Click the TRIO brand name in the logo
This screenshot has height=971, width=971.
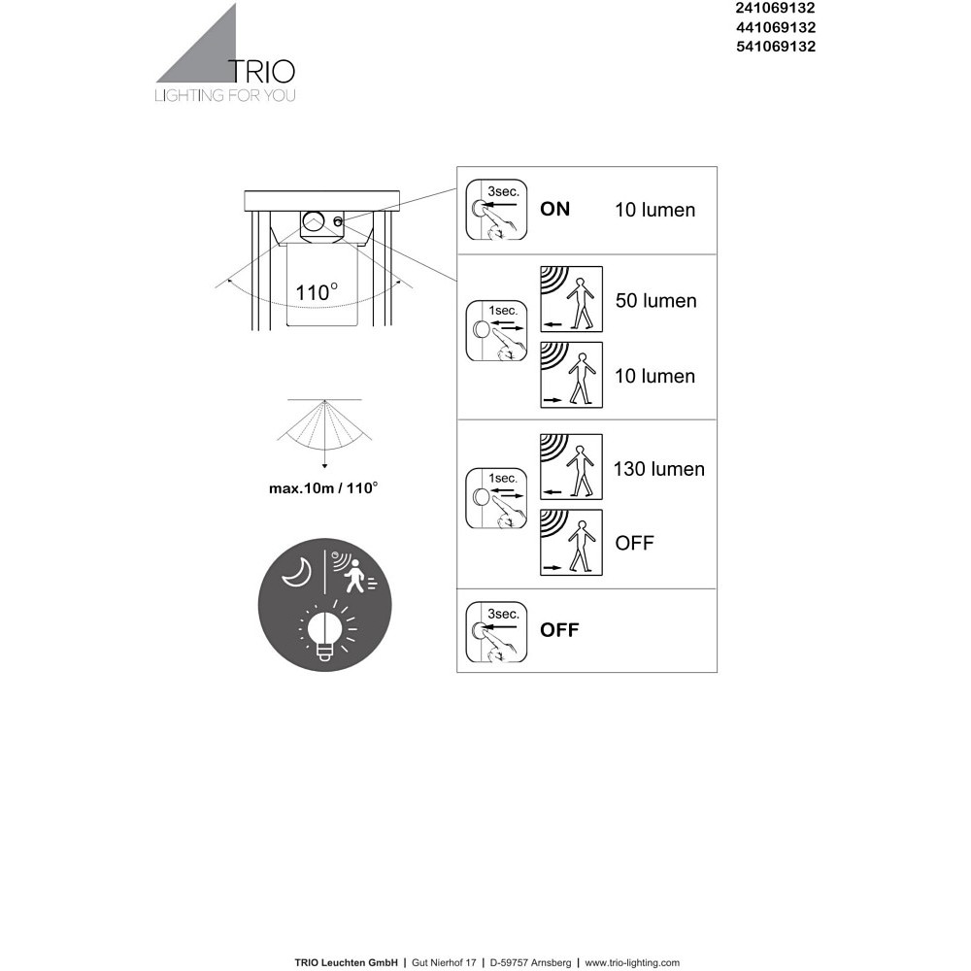(x=262, y=71)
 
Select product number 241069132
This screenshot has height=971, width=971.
(x=775, y=8)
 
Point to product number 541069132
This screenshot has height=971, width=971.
(x=775, y=47)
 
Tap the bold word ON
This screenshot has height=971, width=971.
(x=554, y=210)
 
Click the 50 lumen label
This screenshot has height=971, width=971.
(x=655, y=301)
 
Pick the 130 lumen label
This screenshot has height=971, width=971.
(x=659, y=469)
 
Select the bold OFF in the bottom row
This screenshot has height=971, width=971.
(x=559, y=630)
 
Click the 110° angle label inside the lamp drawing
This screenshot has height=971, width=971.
(x=317, y=292)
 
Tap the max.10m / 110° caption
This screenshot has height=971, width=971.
(x=323, y=488)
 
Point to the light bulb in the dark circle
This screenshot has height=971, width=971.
(x=324, y=632)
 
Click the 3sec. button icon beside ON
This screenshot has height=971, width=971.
(x=496, y=210)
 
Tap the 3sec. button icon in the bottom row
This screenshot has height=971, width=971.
(x=496, y=632)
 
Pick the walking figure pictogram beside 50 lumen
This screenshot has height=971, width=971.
(x=572, y=299)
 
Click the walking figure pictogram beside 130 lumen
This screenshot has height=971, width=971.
(x=572, y=467)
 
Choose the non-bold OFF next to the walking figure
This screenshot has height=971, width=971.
(x=634, y=543)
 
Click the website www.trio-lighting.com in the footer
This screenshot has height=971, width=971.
(x=632, y=962)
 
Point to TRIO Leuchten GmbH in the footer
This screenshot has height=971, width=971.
(x=347, y=962)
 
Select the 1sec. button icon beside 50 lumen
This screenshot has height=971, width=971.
(x=496, y=331)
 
